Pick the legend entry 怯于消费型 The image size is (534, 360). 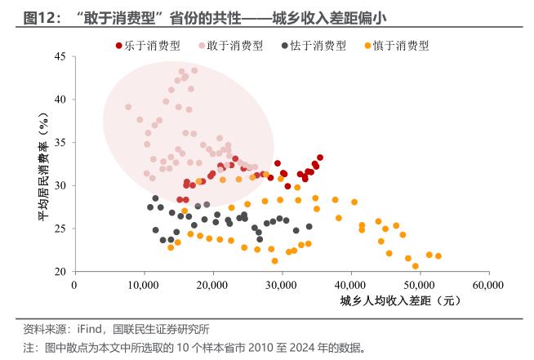coord(318,47)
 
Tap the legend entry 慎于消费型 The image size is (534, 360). coord(400,47)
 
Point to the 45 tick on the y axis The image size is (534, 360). coord(60,56)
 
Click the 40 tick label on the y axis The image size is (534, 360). coord(60,100)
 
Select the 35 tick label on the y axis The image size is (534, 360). coord(60,143)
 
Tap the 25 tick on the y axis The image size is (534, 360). coord(60,229)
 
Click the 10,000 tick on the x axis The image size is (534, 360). coord(144,285)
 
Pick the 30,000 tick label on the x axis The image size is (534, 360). coord(282,285)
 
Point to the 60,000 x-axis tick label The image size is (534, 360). coord(488,285)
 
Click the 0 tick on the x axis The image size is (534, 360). coord(75,285)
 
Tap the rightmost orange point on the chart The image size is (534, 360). coord(438,256)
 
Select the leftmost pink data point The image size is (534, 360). coord(128,107)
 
